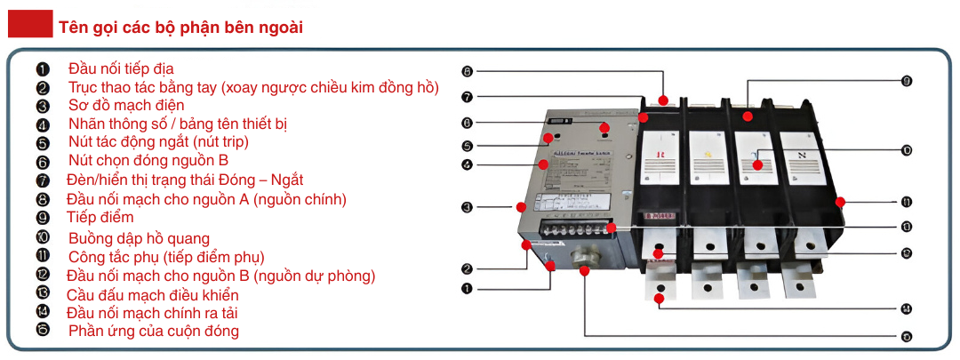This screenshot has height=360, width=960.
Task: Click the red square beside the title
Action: (30, 27)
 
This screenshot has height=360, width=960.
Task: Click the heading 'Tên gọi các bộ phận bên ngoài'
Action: (180, 28)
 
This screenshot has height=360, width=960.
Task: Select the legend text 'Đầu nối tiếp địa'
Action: (121, 68)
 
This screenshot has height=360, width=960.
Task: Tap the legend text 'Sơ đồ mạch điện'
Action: (126, 105)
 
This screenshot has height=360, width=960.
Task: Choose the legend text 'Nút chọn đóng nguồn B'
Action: (148, 161)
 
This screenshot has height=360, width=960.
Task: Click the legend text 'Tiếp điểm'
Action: (100, 217)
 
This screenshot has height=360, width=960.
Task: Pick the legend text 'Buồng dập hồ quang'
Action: (139, 237)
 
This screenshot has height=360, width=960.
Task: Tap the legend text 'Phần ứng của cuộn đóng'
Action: (154, 331)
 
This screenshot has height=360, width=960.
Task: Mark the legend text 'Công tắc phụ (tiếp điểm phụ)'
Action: (166, 257)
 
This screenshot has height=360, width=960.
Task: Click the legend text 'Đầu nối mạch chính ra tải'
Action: (152, 312)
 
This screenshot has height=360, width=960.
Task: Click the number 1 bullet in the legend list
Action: (43, 68)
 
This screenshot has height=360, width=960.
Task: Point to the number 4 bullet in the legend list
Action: (43, 124)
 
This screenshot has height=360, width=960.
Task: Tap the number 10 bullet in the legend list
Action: (43, 237)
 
